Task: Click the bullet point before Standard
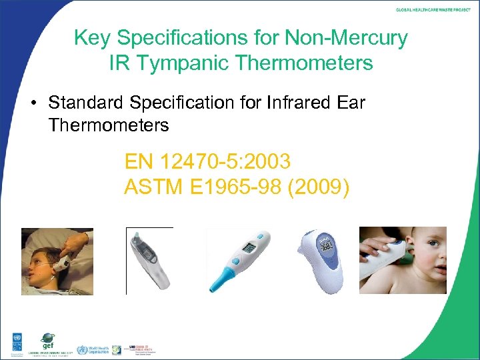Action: click(x=33, y=103)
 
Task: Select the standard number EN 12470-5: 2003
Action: click(x=207, y=161)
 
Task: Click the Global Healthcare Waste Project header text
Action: click(x=433, y=10)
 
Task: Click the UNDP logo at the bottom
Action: click(x=14, y=341)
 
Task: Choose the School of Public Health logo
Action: click(x=137, y=349)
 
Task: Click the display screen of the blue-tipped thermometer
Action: click(x=248, y=248)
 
